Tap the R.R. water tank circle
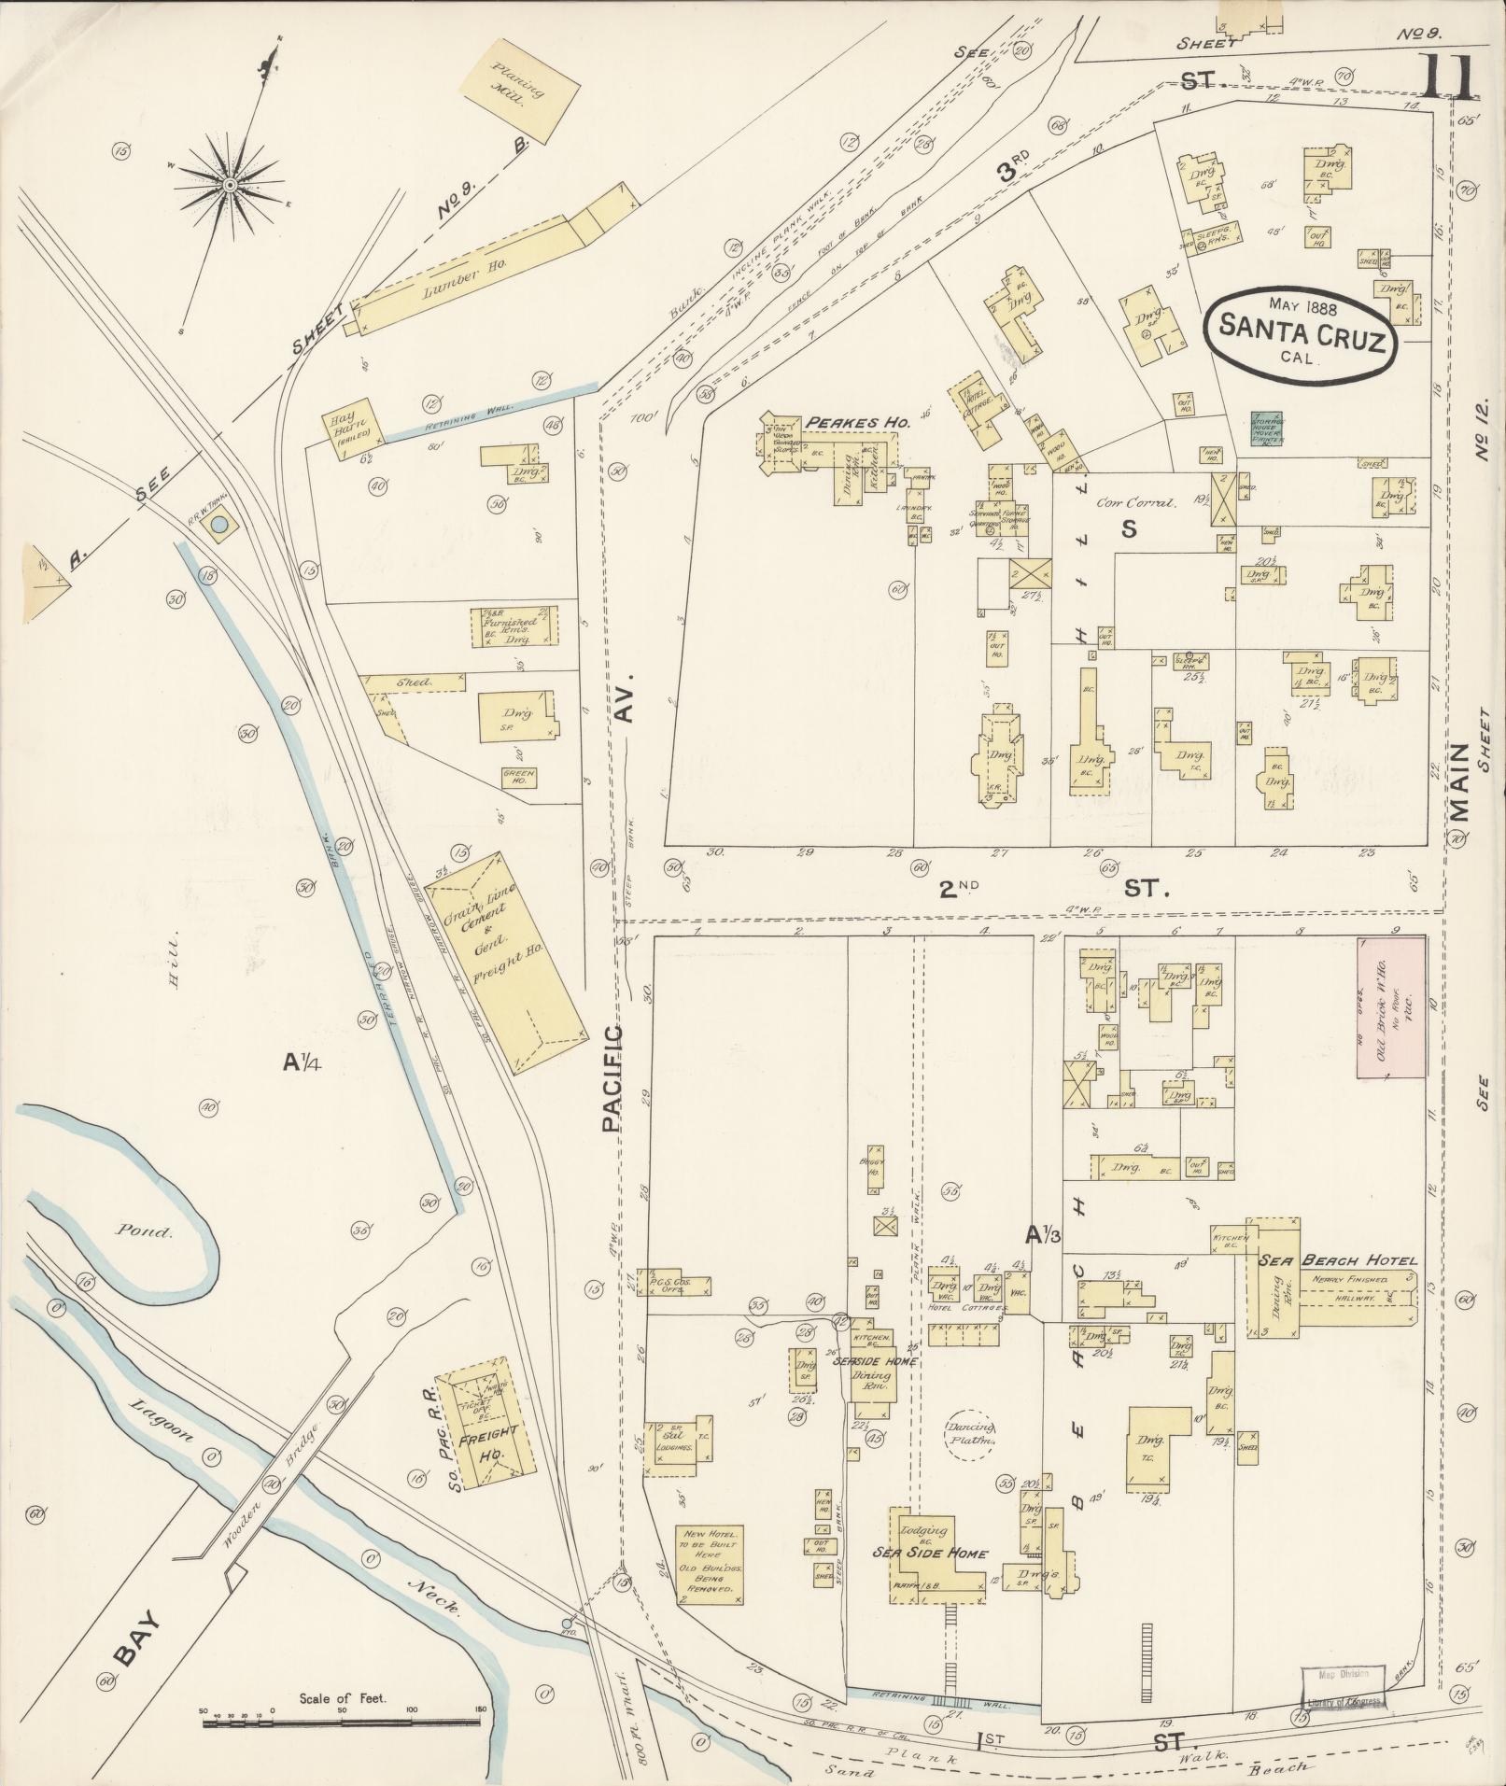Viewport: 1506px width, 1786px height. click(x=218, y=526)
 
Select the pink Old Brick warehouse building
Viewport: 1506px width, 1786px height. click(x=1390, y=1008)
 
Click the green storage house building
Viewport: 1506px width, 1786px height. click(x=1266, y=429)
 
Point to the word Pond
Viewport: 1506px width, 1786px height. click(x=146, y=1231)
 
